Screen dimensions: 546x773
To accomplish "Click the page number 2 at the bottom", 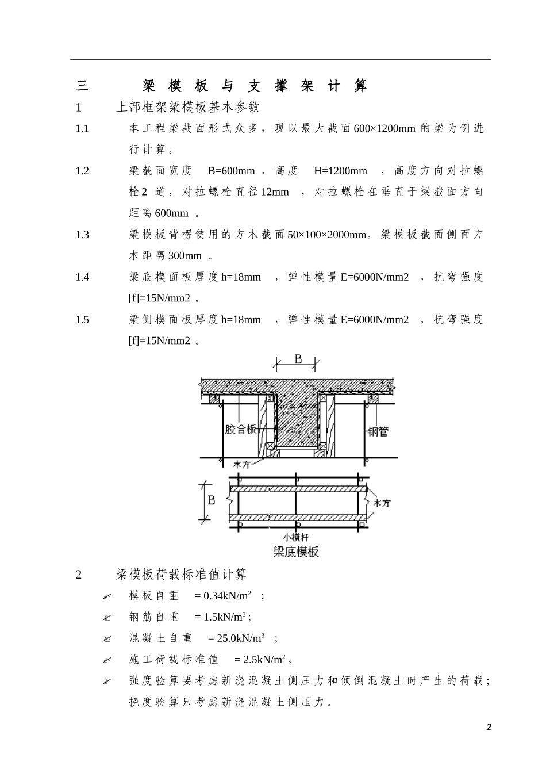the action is pos(489,728).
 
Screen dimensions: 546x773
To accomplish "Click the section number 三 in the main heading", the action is pos(82,86).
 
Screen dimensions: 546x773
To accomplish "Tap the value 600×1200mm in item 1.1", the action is pos(384,128).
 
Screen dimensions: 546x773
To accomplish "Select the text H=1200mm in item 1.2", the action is pos(340,171).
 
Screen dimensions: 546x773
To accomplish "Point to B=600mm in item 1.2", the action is pos(231,171).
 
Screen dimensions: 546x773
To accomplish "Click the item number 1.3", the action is pos(82,235).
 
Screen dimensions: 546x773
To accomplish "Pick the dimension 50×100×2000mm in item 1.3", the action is pos(326,235).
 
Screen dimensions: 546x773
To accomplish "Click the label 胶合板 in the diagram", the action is pos(240,429).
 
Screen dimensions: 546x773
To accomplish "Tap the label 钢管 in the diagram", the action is pos(378,431).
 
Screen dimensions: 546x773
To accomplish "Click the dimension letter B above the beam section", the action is pos(298,359).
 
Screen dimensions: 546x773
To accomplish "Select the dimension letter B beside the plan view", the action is pos(211,500).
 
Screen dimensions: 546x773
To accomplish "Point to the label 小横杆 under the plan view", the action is pos(296,537).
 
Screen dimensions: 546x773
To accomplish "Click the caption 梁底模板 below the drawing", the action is pos(296,552).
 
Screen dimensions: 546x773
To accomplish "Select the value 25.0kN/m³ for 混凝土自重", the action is pos(240,638).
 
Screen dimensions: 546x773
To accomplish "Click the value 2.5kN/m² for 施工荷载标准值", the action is pos(264,660).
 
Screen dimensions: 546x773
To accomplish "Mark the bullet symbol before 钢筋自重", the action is pos(107,618).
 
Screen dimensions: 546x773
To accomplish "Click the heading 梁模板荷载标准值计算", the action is pos(181,574).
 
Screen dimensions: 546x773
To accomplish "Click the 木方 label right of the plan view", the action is pos(382,503).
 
